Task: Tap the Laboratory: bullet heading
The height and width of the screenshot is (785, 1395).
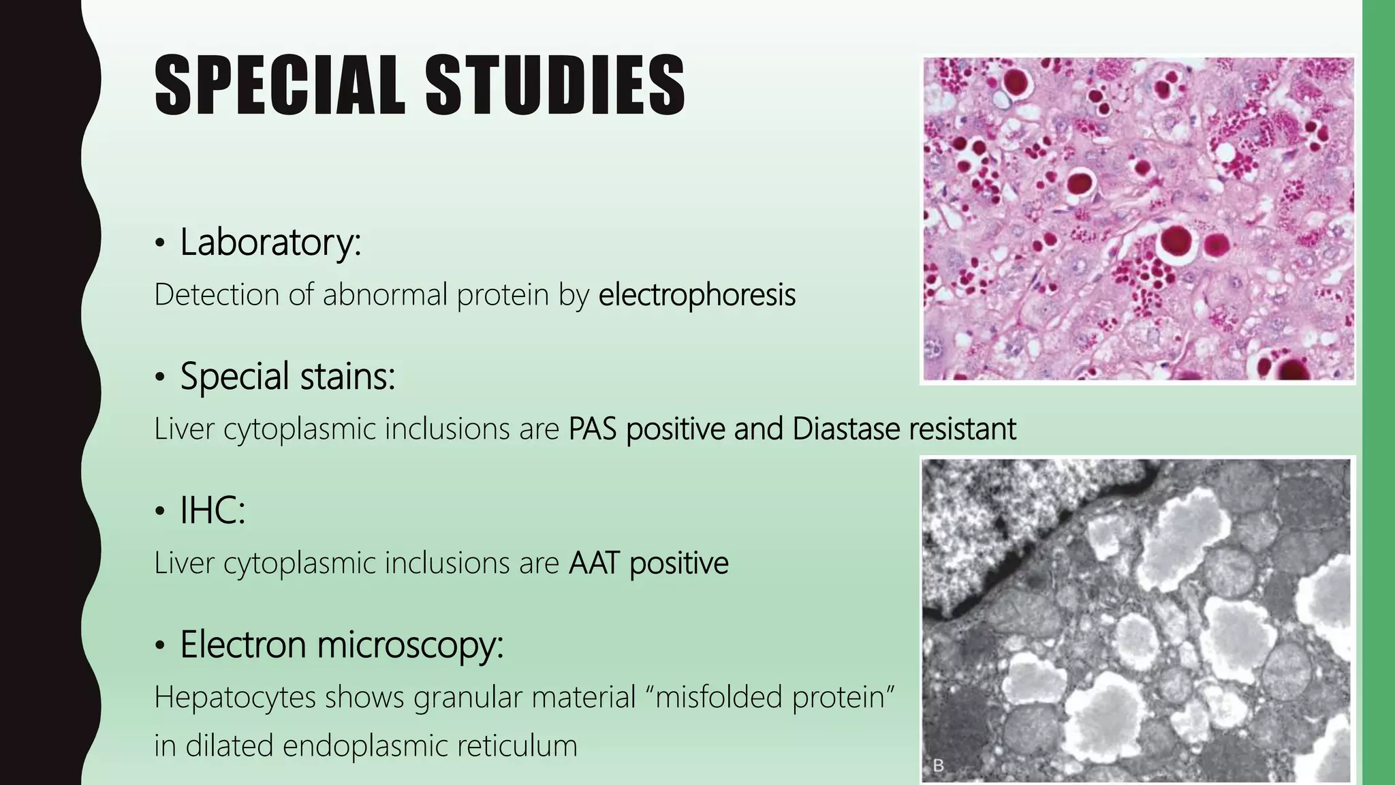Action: (x=270, y=242)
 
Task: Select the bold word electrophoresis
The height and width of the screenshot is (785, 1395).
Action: (x=697, y=295)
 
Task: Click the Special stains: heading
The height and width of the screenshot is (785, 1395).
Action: (x=287, y=376)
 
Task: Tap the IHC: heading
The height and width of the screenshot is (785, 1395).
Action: (x=212, y=510)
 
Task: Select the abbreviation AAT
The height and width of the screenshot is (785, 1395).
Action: (x=594, y=564)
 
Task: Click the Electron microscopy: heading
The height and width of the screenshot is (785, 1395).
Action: (x=341, y=645)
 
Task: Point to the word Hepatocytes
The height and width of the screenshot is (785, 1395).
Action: (x=235, y=698)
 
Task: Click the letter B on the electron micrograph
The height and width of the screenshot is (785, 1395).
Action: (x=938, y=766)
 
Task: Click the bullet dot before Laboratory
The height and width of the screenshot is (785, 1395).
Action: (x=160, y=243)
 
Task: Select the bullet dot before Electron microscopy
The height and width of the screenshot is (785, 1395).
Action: (x=160, y=646)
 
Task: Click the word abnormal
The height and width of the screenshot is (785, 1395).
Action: (x=385, y=295)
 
